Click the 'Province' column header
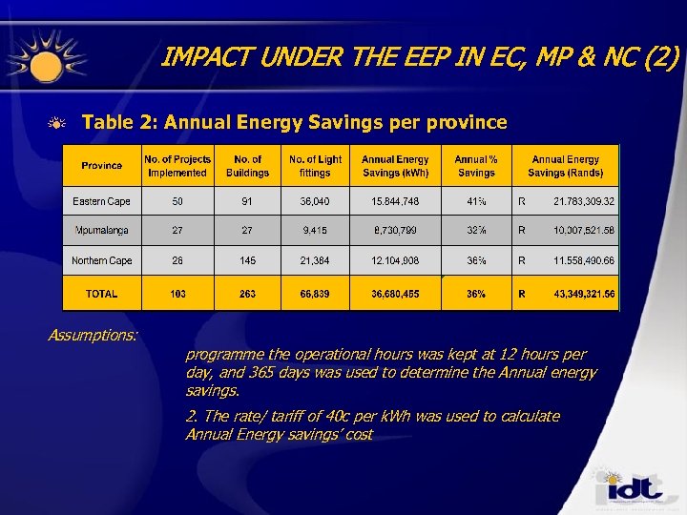pyautogui.click(x=101, y=166)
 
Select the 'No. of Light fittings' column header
pyautogui.click(x=315, y=166)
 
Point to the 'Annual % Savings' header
pyautogui.click(x=476, y=166)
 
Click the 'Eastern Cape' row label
pyautogui.click(x=101, y=201)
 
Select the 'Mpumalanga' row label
pyautogui.click(x=101, y=231)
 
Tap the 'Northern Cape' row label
pyautogui.click(x=101, y=260)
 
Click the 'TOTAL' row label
pyautogui.click(x=101, y=294)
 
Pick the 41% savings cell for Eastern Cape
pyautogui.click(x=476, y=201)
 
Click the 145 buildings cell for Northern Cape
pyautogui.click(x=247, y=260)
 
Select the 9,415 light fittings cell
pyautogui.click(x=315, y=231)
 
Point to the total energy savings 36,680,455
pyautogui.click(x=395, y=294)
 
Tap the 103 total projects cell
pyautogui.click(x=177, y=294)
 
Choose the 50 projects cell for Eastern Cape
pyautogui.click(x=177, y=201)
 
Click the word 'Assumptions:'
pyautogui.click(x=93, y=335)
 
